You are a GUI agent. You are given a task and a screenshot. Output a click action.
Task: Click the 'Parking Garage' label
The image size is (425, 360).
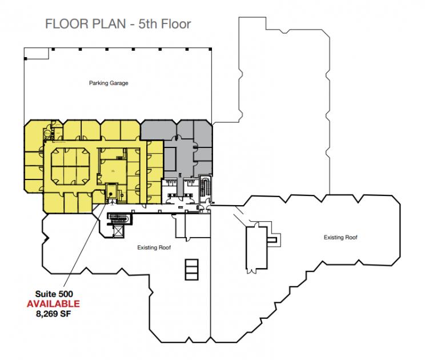click(x=109, y=83)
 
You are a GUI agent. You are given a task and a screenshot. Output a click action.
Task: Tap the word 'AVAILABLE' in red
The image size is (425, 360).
click(x=53, y=303)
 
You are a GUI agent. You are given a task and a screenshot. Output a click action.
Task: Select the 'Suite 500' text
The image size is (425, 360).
click(x=54, y=294)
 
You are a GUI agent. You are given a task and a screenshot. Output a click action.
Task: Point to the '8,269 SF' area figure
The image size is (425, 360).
click(x=53, y=314)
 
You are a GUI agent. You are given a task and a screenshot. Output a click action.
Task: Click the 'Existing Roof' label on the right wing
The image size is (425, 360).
click(x=340, y=238)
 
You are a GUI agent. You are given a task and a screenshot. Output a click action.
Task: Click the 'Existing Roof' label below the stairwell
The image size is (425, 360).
click(x=154, y=247)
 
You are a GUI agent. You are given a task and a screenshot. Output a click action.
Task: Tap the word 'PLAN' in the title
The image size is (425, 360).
click(x=109, y=24)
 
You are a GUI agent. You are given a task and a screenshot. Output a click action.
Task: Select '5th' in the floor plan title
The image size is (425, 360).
click(x=148, y=24)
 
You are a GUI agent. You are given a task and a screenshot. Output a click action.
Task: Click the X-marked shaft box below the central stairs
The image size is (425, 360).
click(x=118, y=231)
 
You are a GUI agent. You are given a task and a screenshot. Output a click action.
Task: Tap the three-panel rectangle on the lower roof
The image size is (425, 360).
click(x=191, y=270)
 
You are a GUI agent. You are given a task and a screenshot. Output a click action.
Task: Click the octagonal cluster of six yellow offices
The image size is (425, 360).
click(x=70, y=166)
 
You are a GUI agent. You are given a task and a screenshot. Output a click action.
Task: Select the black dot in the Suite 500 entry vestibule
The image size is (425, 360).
click(x=111, y=194)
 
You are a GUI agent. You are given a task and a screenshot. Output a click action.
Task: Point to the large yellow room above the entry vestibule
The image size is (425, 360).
click(x=113, y=171)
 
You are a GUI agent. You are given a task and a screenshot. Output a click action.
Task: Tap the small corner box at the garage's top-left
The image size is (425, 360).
click(x=37, y=53)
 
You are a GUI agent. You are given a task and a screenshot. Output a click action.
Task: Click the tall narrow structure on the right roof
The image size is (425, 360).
click(x=256, y=248)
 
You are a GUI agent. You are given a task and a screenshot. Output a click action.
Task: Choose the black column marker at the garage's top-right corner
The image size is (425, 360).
click(x=210, y=49)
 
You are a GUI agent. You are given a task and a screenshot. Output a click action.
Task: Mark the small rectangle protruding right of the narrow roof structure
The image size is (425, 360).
click(x=272, y=239)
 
